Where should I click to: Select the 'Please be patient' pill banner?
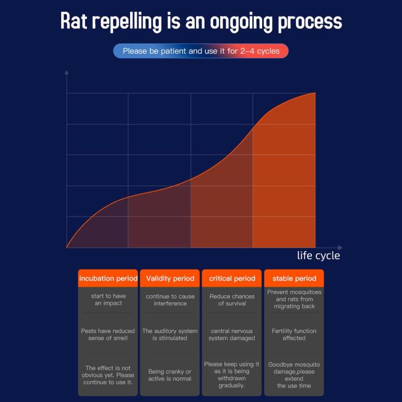click(201, 51)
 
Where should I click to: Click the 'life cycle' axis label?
click(318, 256)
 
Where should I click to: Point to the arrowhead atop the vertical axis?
click(66, 72)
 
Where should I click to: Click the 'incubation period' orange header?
click(108, 278)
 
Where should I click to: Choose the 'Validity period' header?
click(170, 278)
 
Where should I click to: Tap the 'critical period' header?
click(232, 278)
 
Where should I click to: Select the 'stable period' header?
click(294, 278)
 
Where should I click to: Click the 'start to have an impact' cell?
click(108, 300)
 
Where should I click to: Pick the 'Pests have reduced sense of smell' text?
click(108, 334)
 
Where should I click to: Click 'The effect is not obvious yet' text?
click(108, 375)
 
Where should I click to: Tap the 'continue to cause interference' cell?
click(170, 300)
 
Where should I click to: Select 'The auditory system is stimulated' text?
click(170, 334)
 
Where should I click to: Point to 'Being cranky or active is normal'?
click(170, 375)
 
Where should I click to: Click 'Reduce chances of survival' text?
click(232, 300)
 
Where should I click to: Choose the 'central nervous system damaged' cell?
click(232, 334)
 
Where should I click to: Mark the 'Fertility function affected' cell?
click(294, 334)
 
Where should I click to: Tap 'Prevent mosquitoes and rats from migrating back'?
click(294, 299)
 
